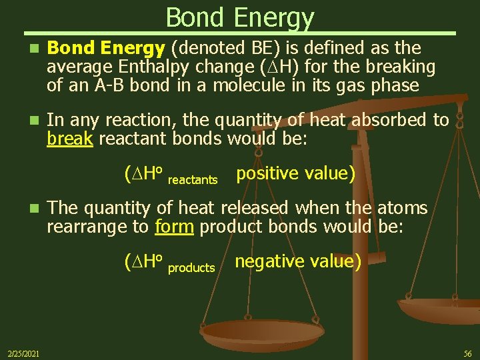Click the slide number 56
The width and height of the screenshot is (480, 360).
coord(468,353)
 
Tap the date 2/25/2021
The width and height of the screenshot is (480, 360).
coord(23,353)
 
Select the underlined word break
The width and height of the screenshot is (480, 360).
coord(70,139)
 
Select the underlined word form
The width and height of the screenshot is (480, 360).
coord(173,226)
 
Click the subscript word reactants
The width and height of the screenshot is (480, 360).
coord(193,180)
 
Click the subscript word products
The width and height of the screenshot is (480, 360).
coord(191,267)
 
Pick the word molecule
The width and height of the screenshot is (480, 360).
coord(261,86)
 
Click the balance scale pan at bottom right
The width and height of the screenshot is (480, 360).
coord(440,310)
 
